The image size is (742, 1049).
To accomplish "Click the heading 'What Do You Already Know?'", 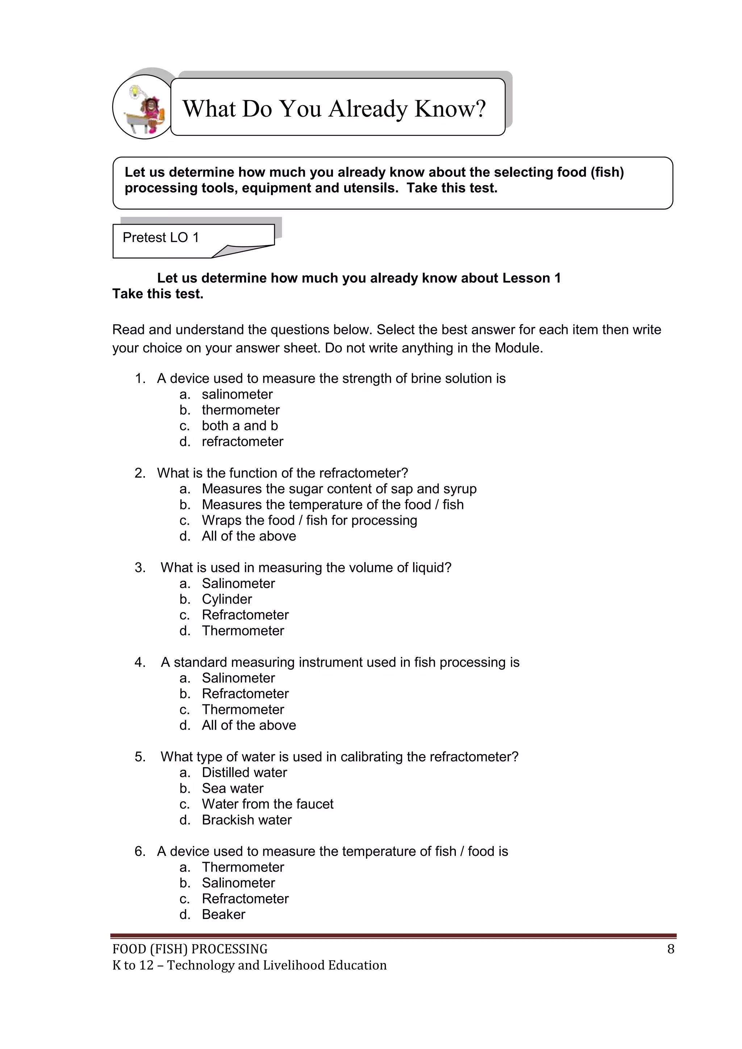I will click(334, 109).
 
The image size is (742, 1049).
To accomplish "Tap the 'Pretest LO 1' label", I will click(161, 238).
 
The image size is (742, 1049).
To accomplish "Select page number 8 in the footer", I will click(670, 949).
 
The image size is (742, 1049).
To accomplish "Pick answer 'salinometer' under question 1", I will click(237, 394).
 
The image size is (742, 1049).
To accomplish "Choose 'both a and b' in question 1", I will click(240, 426).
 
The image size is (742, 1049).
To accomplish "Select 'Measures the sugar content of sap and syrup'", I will click(339, 489).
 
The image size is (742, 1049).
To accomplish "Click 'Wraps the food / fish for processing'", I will click(309, 520).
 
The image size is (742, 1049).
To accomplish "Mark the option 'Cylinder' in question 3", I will click(226, 599).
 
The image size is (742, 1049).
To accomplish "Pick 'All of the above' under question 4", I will click(249, 725).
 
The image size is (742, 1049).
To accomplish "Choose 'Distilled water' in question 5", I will click(245, 773).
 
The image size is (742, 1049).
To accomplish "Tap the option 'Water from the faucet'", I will click(268, 804).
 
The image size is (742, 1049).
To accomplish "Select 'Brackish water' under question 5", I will click(247, 820).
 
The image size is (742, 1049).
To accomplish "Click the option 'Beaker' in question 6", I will click(224, 914).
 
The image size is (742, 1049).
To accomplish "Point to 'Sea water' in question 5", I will click(233, 788).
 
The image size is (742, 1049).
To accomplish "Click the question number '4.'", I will click(140, 662).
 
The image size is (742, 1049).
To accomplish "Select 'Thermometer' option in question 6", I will click(243, 867).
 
